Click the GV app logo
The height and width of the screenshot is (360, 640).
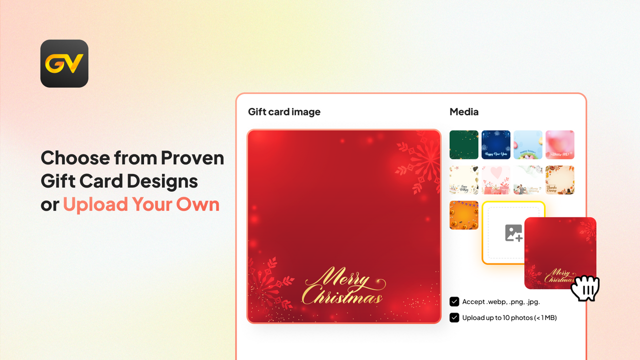(x=64, y=63)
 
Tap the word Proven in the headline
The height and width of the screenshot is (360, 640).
(x=192, y=158)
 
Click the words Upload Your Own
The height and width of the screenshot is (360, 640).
(x=141, y=204)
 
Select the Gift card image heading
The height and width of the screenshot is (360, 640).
(x=284, y=112)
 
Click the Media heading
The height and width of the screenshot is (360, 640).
(x=464, y=112)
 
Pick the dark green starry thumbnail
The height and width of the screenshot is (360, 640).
(x=464, y=145)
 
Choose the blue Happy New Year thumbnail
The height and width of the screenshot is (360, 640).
(x=496, y=145)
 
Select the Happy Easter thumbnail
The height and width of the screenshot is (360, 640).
(x=528, y=145)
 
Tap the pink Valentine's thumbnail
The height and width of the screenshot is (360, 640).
(x=560, y=145)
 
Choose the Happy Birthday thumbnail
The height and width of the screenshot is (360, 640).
(x=464, y=180)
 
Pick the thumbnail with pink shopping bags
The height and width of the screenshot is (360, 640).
(x=496, y=180)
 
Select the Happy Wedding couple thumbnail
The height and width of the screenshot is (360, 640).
(x=528, y=180)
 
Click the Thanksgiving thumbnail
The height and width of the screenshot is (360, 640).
(x=560, y=180)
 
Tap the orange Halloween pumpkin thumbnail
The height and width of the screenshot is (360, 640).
(x=464, y=215)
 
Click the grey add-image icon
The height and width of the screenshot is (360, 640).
(x=513, y=233)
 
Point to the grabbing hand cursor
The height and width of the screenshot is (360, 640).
(x=585, y=288)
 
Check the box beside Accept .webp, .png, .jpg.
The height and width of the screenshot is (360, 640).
(x=454, y=301)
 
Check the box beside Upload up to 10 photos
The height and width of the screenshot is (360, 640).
(x=454, y=317)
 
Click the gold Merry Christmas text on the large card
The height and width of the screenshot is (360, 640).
(x=343, y=286)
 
